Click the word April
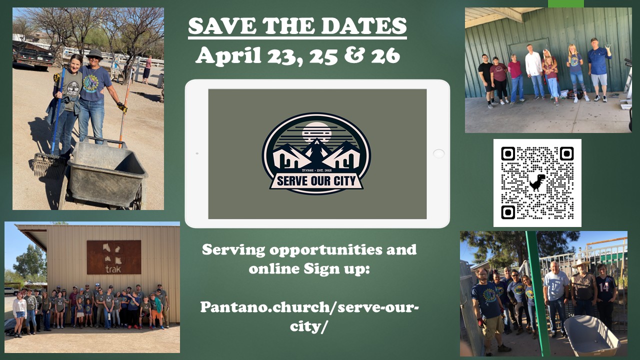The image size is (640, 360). point(228,55)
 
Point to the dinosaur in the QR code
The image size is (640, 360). point(537,182)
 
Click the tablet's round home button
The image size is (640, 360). point(438,153)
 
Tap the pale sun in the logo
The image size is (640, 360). point(316,132)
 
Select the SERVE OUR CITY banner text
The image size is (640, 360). point(316,181)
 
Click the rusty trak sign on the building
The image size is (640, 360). point(113,257)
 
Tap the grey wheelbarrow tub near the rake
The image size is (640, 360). point(107,171)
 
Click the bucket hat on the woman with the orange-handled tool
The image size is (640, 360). point(94,53)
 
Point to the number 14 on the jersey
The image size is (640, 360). point(604,287)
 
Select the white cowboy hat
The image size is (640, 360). point(580,263)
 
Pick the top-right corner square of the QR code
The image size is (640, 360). point(567,153)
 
